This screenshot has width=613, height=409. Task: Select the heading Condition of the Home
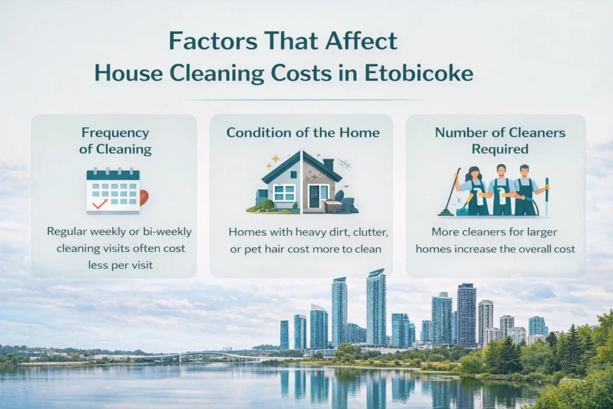tap(302, 132)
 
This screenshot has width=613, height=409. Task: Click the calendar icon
tap(113, 190)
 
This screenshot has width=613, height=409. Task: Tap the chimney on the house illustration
tap(328, 164)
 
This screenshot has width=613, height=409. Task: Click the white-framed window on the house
tap(284, 192)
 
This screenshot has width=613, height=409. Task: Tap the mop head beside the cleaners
tap(445, 211)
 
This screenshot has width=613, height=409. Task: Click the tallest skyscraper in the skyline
tap(376, 308)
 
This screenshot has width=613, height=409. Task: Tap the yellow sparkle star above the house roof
tap(276, 159)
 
